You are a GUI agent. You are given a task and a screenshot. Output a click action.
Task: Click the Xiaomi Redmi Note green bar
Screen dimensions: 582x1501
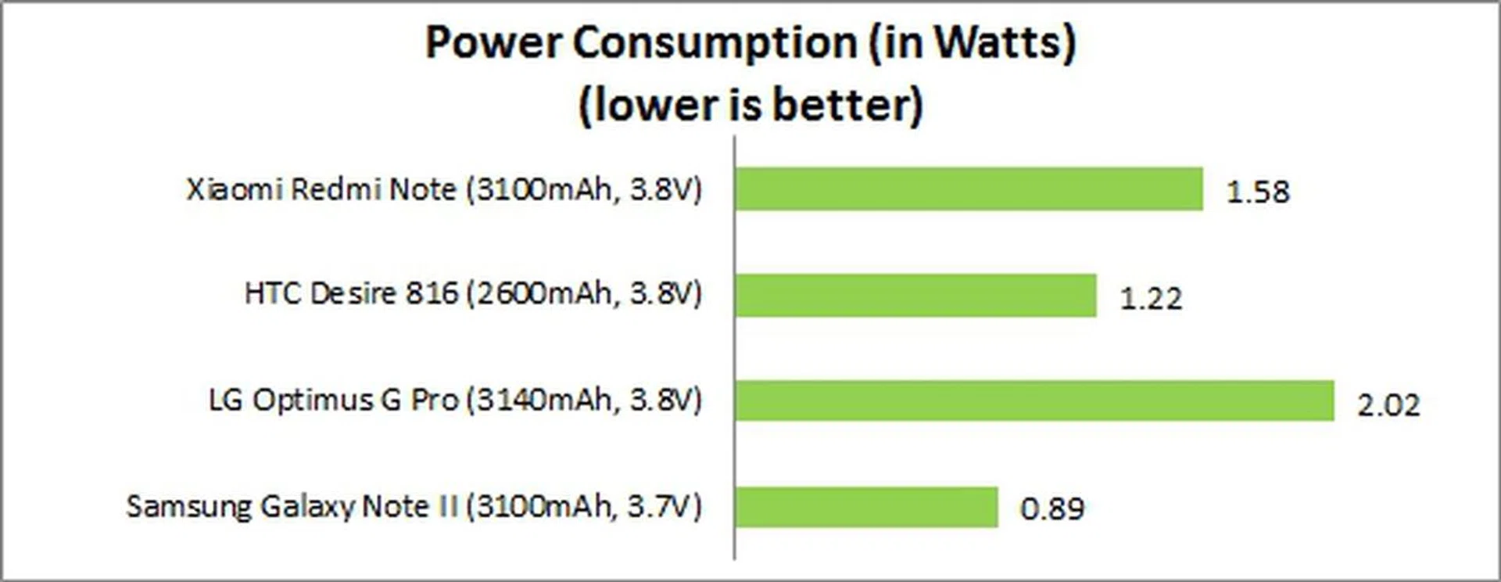click(x=968, y=189)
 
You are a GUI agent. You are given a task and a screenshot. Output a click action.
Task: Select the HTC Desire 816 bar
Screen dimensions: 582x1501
click(x=915, y=295)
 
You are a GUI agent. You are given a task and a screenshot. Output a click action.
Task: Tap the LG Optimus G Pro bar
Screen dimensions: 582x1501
click(x=1034, y=401)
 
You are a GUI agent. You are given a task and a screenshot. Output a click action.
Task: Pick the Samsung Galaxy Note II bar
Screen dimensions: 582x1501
click(x=866, y=507)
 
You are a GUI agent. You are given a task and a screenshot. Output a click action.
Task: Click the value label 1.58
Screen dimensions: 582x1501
click(x=1257, y=192)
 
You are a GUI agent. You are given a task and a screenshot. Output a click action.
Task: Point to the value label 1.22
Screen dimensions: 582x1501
click(x=1150, y=298)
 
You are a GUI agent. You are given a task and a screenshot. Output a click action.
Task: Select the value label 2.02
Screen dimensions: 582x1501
click(x=1388, y=404)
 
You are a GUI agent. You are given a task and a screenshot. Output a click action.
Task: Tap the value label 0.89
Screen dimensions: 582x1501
click(x=1052, y=509)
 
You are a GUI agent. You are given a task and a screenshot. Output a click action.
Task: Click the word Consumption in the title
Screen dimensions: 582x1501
click(x=715, y=42)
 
